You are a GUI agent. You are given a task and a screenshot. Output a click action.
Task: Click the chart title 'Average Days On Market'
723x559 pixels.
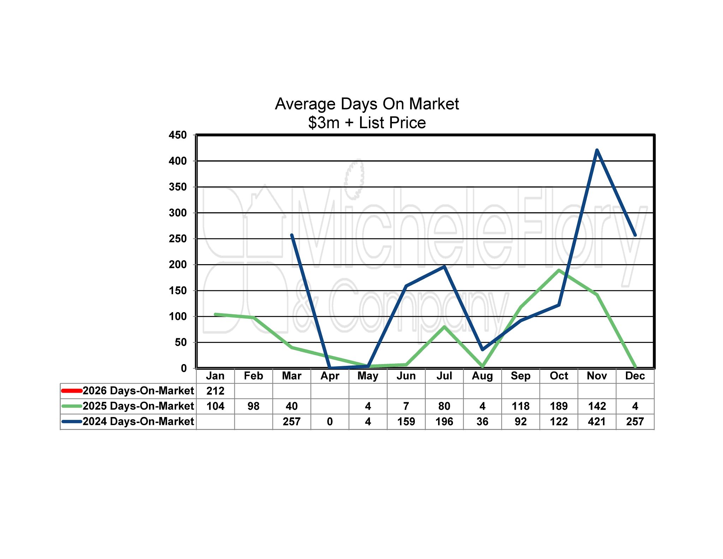tap(367, 104)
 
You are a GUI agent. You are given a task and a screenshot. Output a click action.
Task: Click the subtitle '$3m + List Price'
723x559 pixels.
tap(367, 123)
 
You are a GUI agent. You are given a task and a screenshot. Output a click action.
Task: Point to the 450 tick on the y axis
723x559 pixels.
tap(178, 135)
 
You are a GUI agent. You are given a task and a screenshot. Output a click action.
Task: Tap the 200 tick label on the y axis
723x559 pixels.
tap(178, 264)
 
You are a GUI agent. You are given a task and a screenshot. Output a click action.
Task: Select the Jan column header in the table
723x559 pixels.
tap(215, 376)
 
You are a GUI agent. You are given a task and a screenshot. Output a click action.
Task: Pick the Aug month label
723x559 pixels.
tap(482, 376)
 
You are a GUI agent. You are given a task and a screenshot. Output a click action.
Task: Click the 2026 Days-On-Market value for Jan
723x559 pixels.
tap(215, 391)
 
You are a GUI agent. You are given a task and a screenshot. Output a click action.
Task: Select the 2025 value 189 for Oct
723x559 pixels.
tap(558, 406)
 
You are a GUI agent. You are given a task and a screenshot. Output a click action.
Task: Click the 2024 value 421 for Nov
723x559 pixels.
tap(597, 422)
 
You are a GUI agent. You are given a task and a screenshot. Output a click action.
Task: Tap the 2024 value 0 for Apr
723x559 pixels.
tap(330, 422)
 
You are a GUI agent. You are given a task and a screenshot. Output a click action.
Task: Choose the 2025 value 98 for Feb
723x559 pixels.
tap(253, 406)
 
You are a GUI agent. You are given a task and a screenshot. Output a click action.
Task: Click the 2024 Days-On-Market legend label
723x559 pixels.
tap(138, 422)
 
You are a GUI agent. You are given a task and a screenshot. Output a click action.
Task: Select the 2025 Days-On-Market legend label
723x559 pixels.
tap(138, 406)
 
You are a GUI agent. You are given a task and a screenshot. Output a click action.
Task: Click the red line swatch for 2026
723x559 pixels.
tap(72, 391)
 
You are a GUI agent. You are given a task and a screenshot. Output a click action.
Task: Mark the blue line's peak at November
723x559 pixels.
tap(597, 150)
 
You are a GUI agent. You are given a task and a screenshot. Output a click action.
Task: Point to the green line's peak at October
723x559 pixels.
tap(558, 270)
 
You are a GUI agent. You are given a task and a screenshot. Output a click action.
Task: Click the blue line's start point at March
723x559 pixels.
tap(292, 235)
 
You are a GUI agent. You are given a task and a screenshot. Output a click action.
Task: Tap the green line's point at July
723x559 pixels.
tap(444, 327)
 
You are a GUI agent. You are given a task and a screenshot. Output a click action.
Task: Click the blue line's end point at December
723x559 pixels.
tap(635, 235)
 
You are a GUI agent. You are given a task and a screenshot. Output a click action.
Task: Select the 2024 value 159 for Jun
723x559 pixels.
tap(406, 422)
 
